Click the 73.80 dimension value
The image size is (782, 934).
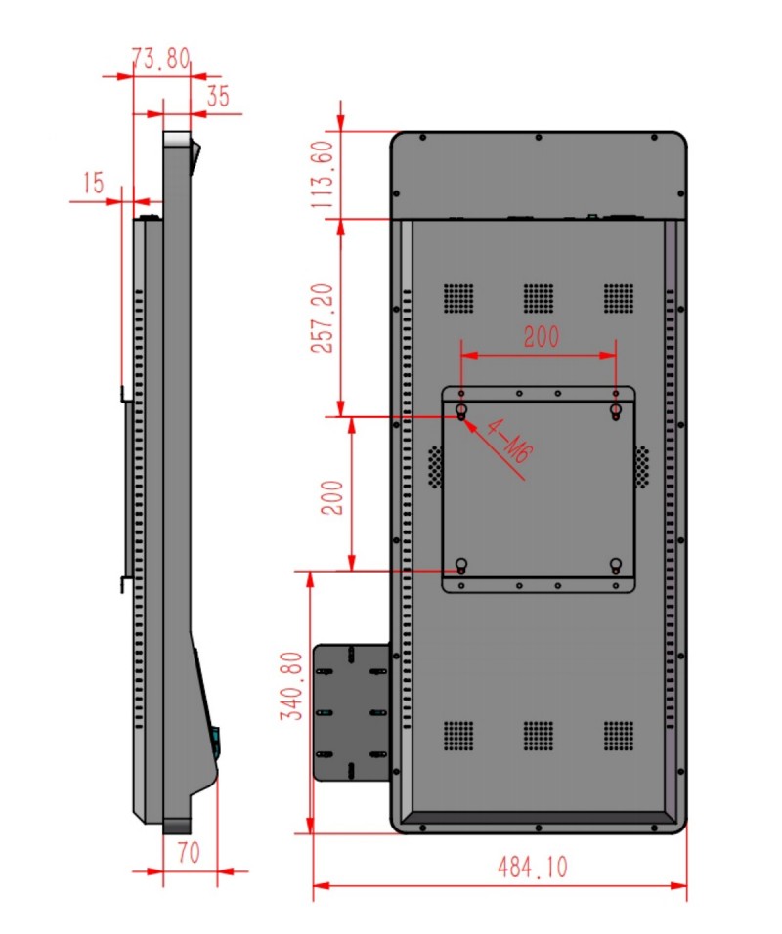(161, 59)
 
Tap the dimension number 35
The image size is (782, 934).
(218, 96)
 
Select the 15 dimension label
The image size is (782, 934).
(93, 183)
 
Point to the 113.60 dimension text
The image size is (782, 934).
(323, 174)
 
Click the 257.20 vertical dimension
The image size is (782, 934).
(323, 318)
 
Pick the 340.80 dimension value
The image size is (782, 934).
(292, 686)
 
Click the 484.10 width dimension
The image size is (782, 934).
(533, 868)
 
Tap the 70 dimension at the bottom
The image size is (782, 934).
(189, 853)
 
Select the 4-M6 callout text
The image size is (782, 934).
(508, 441)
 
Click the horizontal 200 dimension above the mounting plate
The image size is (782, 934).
(542, 336)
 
